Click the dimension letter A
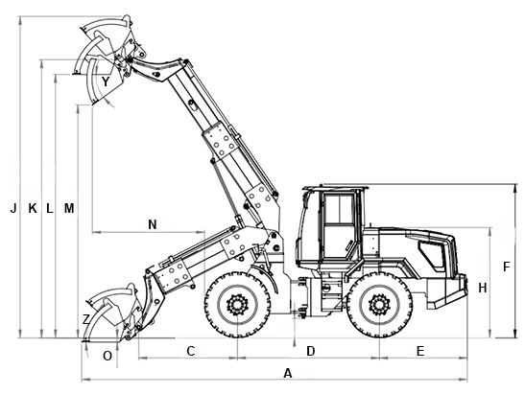coord(288,373)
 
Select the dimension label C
coord(190,351)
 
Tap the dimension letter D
coord(311,351)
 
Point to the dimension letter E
coord(420,351)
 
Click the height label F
coord(506,267)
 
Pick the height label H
coord(483,288)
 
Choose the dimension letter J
coord(13,208)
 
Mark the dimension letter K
coord(33,208)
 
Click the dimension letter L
coord(50,208)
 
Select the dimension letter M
coord(69,208)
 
